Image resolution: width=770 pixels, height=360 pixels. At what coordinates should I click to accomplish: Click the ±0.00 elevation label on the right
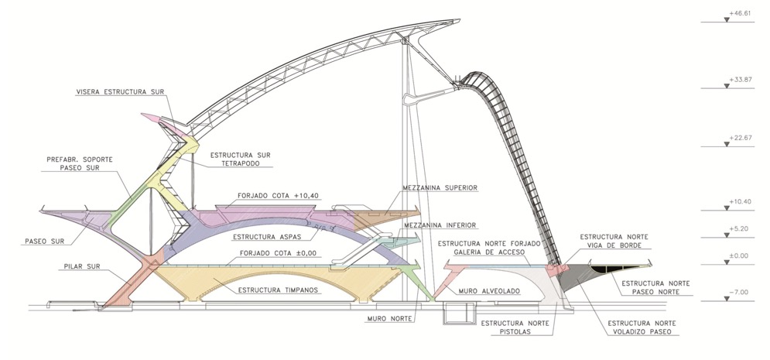click(740, 255)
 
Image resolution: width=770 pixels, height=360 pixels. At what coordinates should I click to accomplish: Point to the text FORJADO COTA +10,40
click(267, 195)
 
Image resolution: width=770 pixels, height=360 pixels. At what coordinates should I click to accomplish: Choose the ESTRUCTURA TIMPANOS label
click(275, 290)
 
